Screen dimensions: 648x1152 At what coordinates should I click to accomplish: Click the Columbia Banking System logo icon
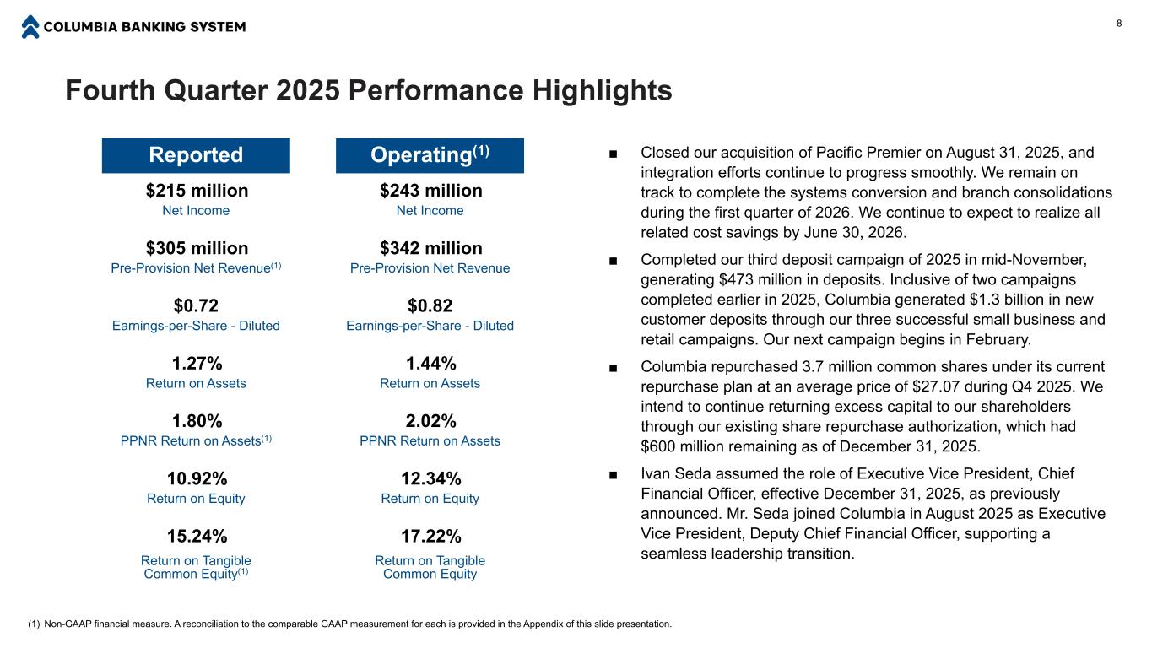[30, 27]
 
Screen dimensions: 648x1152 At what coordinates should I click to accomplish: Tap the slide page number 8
[1119, 23]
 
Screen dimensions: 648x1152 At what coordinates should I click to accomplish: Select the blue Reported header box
[196, 155]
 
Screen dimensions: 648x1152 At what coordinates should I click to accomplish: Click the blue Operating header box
[430, 155]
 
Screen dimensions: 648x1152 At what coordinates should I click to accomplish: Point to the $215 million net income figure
[197, 191]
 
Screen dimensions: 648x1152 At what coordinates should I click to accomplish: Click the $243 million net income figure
[430, 191]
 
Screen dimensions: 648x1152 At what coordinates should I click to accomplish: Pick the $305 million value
[197, 248]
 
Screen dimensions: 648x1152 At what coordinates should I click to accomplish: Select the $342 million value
[430, 248]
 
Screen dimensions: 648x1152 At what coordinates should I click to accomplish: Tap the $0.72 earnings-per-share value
[197, 305]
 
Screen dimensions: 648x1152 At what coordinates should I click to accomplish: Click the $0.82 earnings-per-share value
[430, 305]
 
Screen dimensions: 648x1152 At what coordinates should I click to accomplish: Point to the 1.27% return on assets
[197, 364]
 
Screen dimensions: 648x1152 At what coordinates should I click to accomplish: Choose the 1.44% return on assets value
[430, 364]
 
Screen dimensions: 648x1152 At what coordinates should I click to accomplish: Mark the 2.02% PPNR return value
[430, 421]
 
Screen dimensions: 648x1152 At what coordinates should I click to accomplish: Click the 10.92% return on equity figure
[197, 478]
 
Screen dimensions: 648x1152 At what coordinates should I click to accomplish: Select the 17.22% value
[430, 537]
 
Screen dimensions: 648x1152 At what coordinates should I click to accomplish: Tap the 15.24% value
[197, 537]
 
